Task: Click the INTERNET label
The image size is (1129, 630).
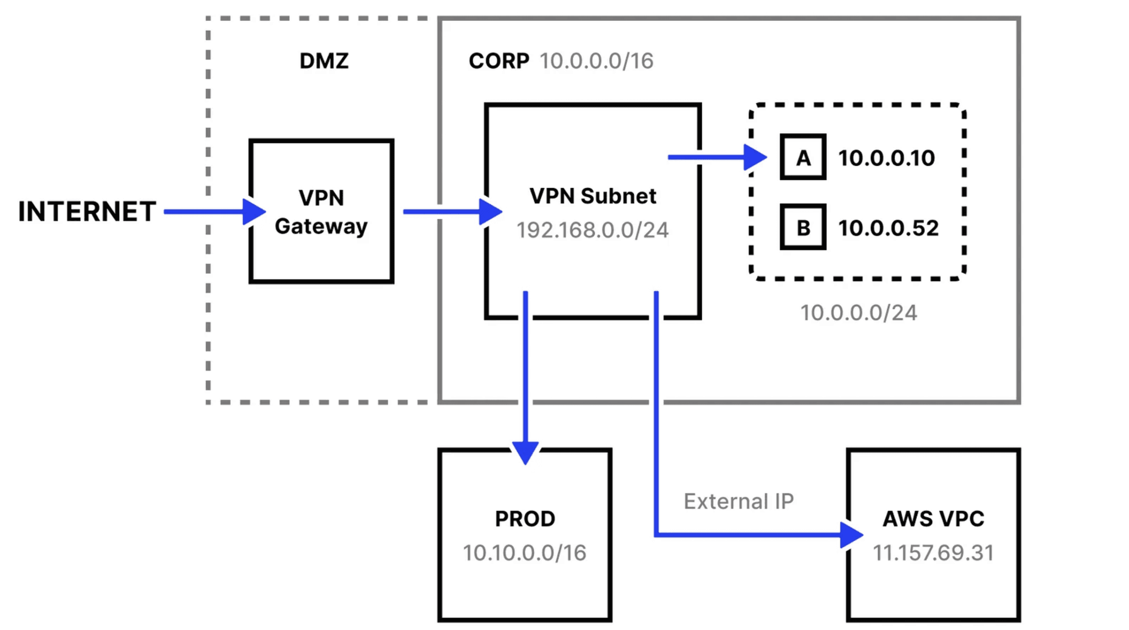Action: pyautogui.click(x=87, y=212)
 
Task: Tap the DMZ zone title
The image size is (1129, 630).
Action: pyautogui.click(x=324, y=61)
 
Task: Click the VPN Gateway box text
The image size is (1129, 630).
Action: pyautogui.click(x=321, y=212)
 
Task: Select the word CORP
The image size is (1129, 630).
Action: pyautogui.click(x=498, y=61)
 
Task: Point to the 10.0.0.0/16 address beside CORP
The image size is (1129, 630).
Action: pyautogui.click(x=596, y=61)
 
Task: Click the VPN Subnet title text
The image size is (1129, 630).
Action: pyautogui.click(x=593, y=196)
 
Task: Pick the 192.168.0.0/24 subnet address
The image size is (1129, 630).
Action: pyautogui.click(x=593, y=230)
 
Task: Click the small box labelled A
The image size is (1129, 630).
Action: pyautogui.click(x=803, y=157)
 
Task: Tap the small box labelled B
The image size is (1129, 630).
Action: pyautogui.click(x=803, y=227)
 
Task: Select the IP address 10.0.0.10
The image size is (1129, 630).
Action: pyautogui.click(x=886, y=158)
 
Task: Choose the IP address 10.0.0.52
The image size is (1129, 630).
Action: pyautogui.click(x=888, y=228)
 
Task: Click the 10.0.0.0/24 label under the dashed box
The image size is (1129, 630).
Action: pyautogui.click(x=858, y=313)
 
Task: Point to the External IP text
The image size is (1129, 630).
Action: pyautogui.click(x=738, y=501)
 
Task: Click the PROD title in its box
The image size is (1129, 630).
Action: pyautogui.click(x=525, y=519)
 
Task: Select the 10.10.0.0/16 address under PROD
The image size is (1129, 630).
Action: pyautogui.click(x=525, y=553)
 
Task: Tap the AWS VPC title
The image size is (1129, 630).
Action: pyautogui.click(x=933, y=519)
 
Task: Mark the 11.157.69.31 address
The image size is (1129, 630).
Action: pyautogui.click(x=933, y=553)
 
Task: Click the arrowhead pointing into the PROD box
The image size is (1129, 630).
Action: pyautogui.click(x=525, y=452)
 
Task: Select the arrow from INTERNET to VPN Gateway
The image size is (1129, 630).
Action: pyautogui.click(x=209, y=212)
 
